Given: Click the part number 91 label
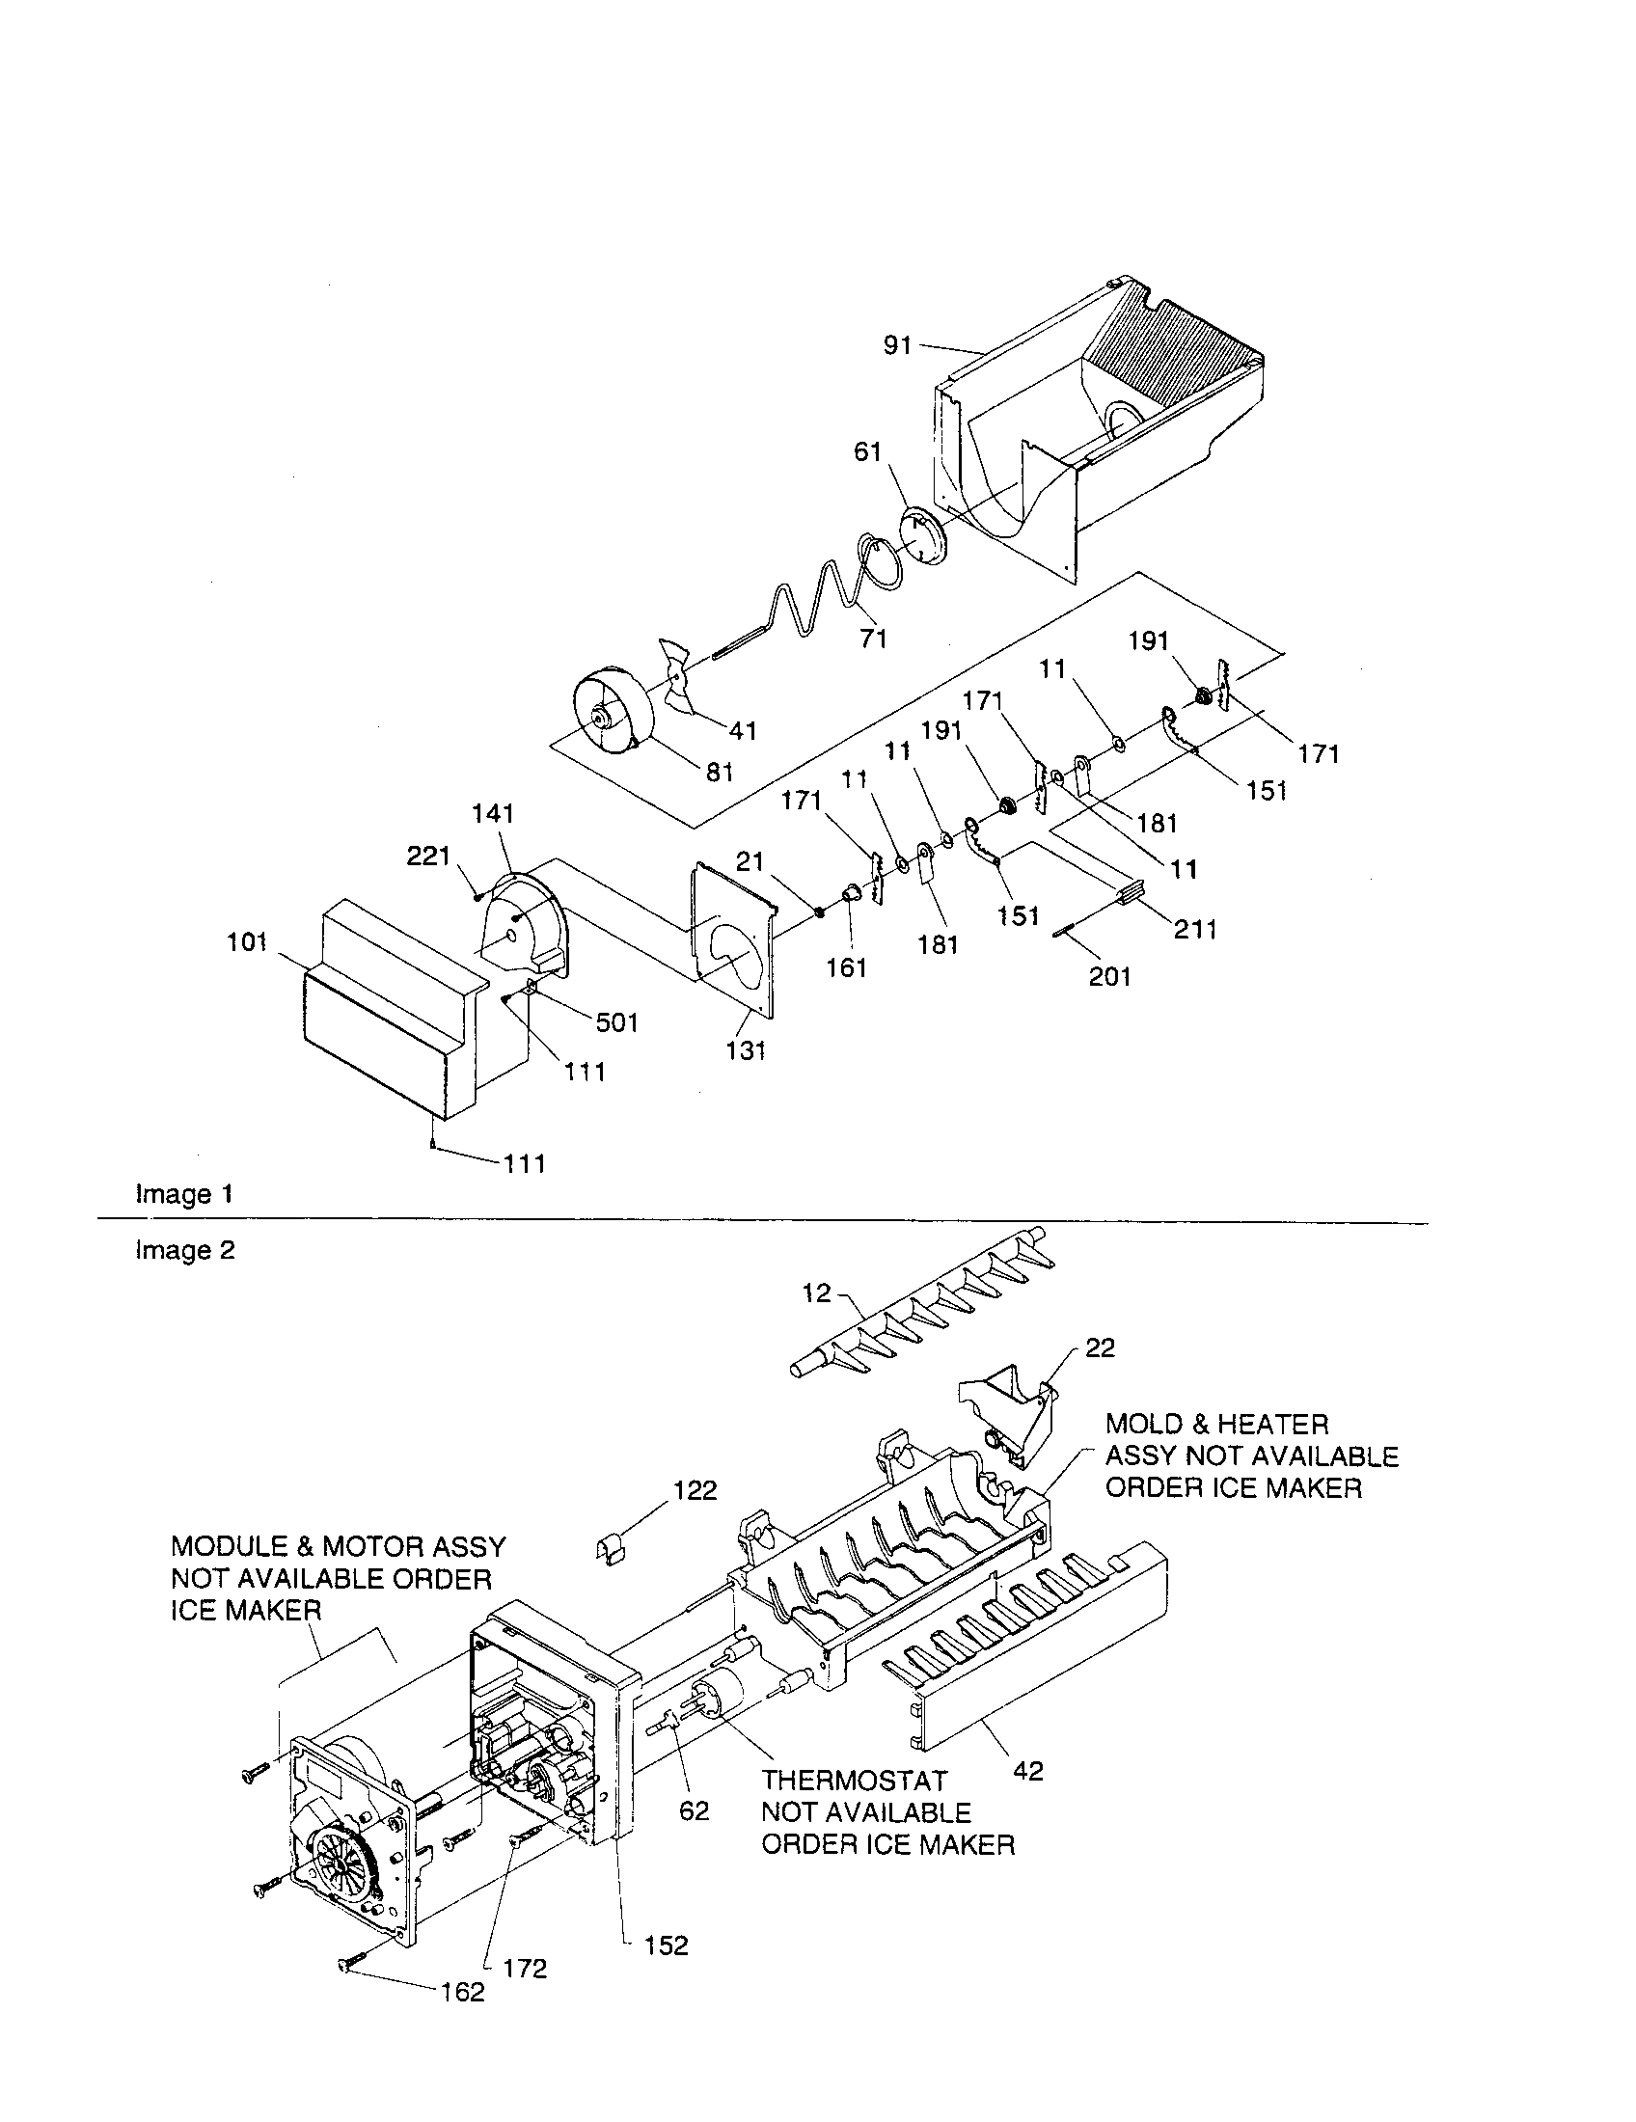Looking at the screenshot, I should click(x=897, y=345).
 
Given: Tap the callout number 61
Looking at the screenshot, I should click(x=867, y=451).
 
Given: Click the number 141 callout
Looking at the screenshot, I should click(x=493, y=813).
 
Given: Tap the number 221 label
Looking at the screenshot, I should click(x=428, y=856).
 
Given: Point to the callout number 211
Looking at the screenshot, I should click(x=1195, y=929).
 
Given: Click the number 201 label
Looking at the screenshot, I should click(x=1109, y=976).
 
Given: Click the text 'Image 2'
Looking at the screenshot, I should click(x=184, y=1249).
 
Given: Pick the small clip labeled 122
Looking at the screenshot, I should click(x=609, y=1546).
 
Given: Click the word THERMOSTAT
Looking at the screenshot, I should click(x=853, y=1781).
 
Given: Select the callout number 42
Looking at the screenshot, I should click(x=1028, y=1770).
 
